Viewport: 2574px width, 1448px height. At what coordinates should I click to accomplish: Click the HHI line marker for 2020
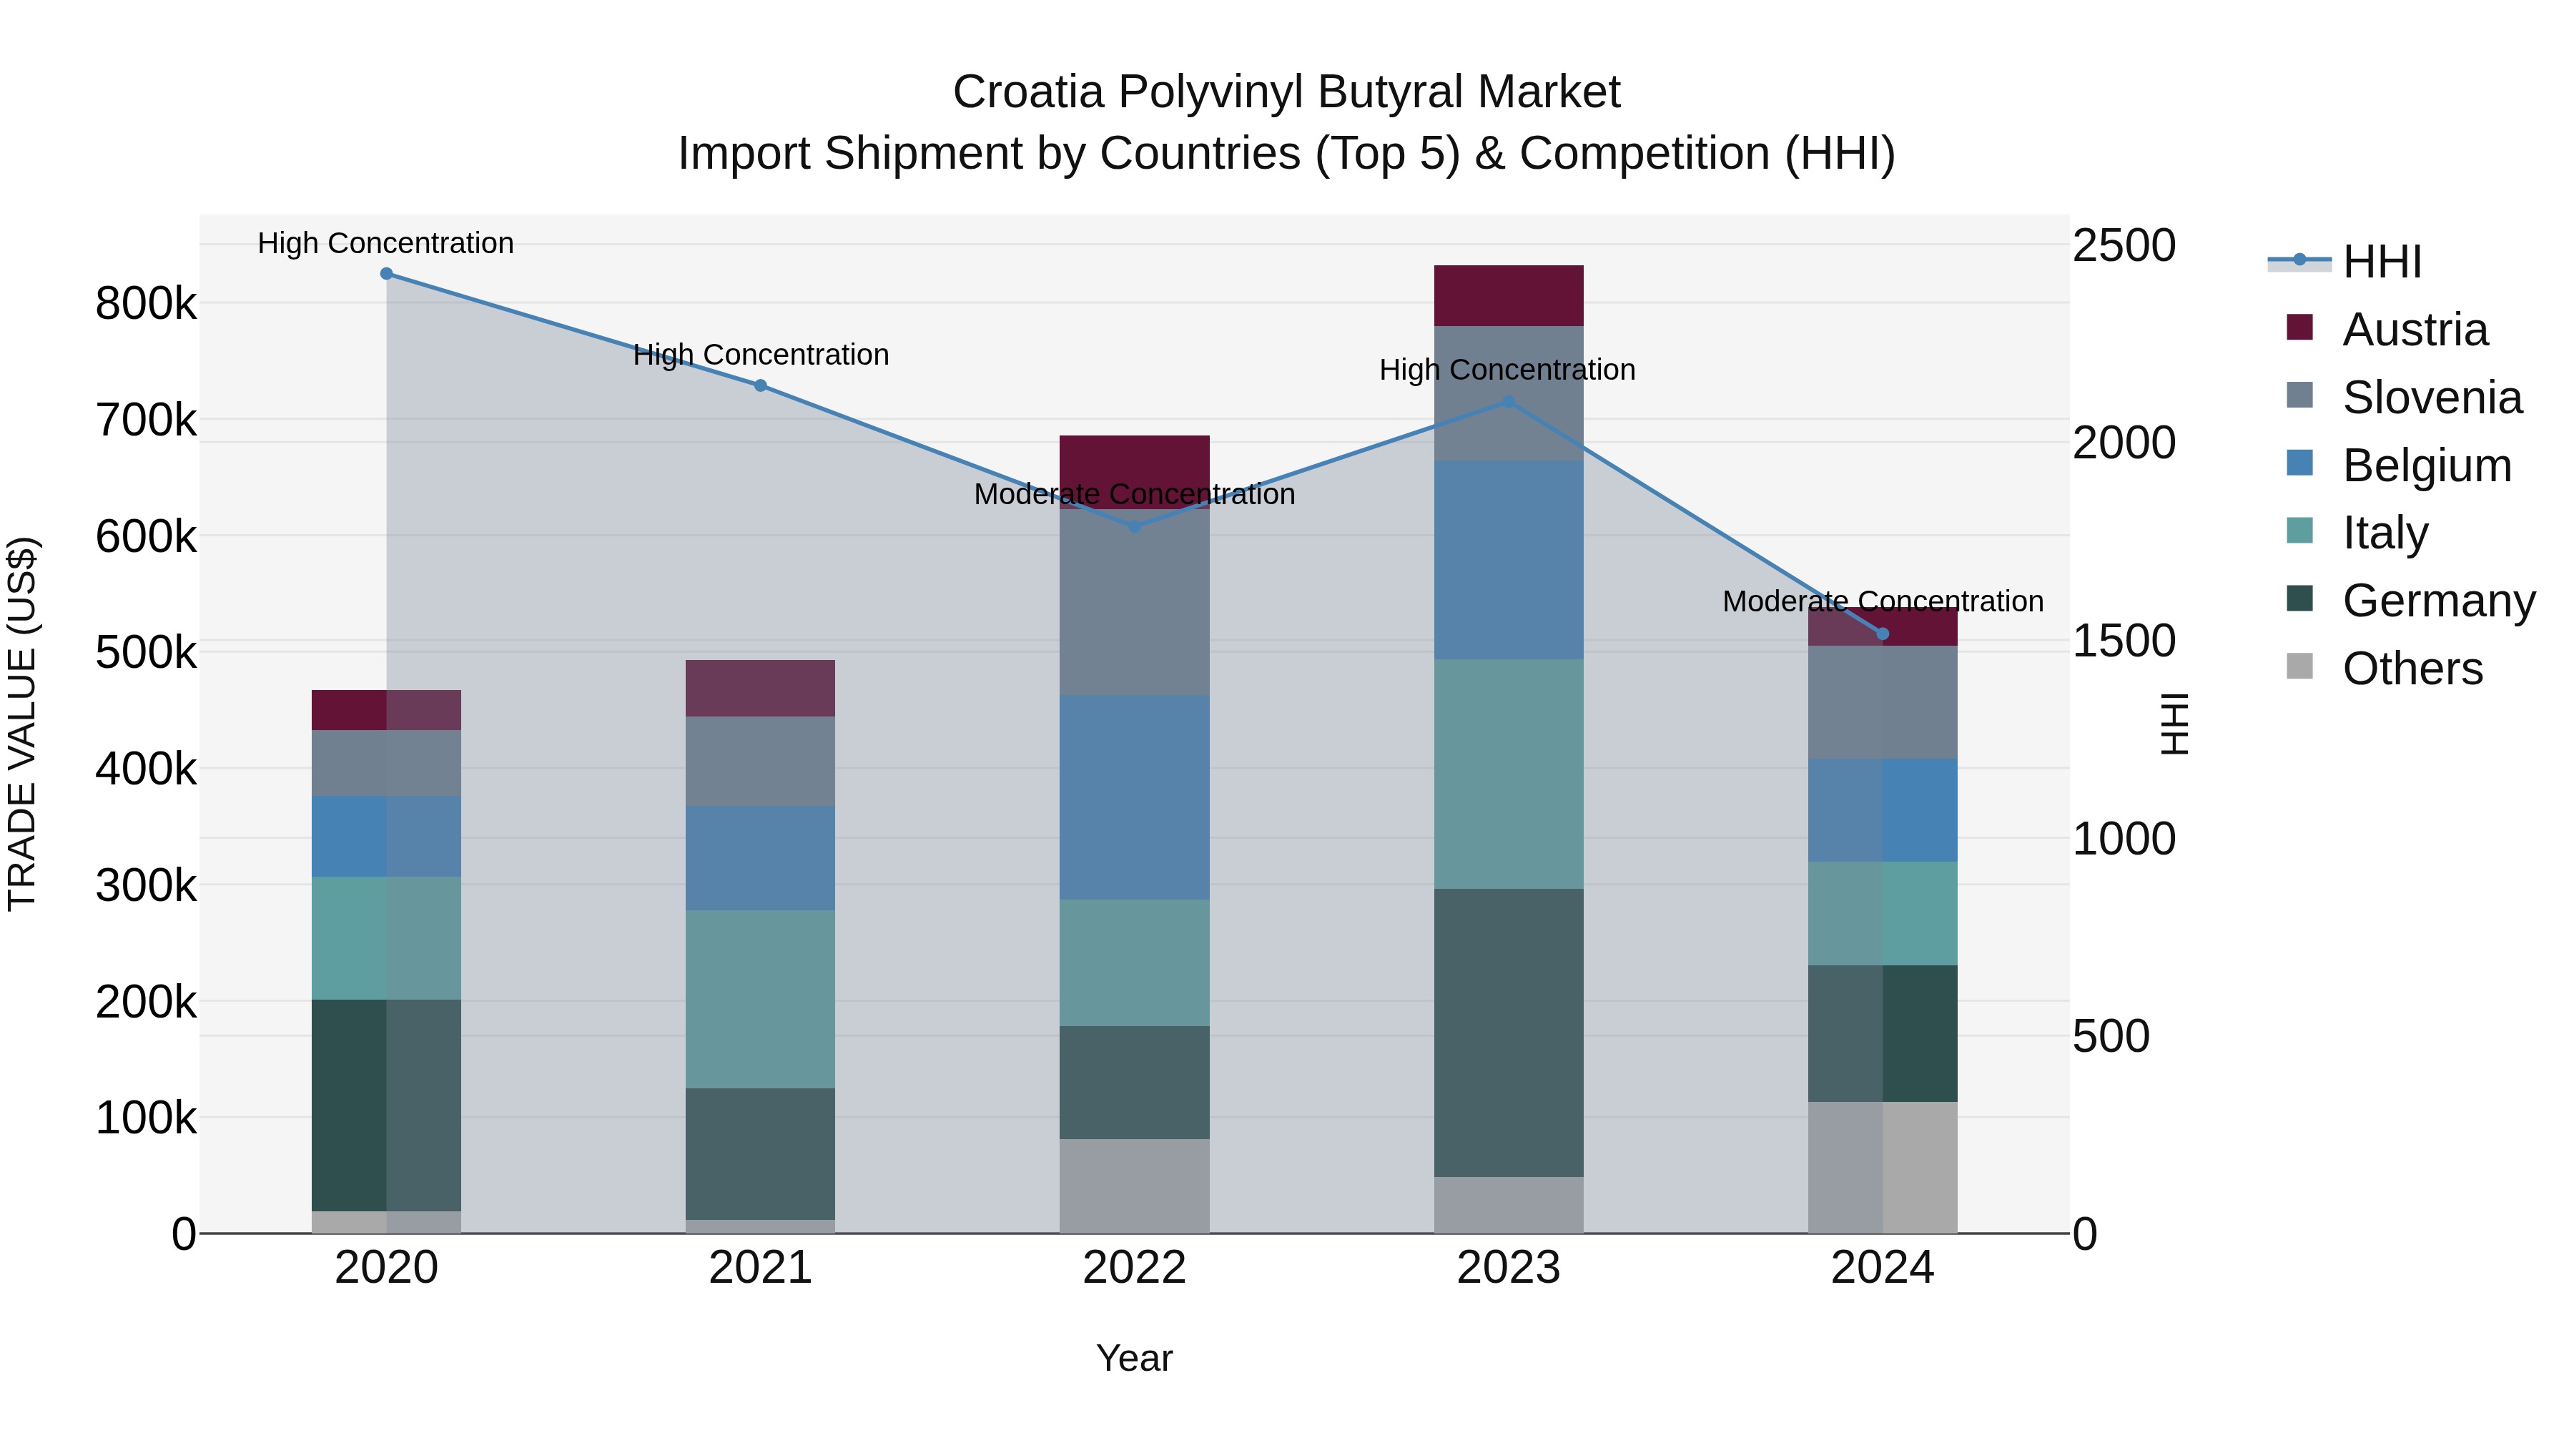click(x=387, y=274)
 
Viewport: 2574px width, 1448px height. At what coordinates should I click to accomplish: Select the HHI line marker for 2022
click(x=1134, y=526)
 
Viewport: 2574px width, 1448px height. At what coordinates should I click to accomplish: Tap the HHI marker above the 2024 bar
click(x=1883, y=634)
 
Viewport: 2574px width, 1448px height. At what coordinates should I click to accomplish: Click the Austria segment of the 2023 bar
click(x=1508, y=296)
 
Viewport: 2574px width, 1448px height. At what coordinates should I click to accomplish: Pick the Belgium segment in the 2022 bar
click(x=1134, y=797)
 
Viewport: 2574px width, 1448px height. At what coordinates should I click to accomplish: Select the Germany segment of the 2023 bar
click(x=1508, y=1033)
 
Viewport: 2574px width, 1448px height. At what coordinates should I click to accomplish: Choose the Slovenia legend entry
click(x=2431, y=398)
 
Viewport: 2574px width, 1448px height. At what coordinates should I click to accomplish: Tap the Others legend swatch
click(x=2300, y=666)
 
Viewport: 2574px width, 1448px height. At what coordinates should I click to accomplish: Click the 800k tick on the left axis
click(x=146, y=304)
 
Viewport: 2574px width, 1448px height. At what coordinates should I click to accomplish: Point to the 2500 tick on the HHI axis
click(x=2124, y=246)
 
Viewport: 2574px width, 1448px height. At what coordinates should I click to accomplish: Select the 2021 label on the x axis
click(x=761, y=1268)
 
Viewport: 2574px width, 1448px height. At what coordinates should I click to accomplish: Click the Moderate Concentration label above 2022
click(x=1134, y=495)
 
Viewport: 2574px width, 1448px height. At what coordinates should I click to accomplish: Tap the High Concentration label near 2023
click(x=1507, y=370)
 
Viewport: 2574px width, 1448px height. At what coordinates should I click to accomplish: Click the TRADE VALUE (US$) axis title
click(x=22, y=724)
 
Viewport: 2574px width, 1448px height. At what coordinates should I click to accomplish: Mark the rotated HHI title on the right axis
click(x=2174, y=724)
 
